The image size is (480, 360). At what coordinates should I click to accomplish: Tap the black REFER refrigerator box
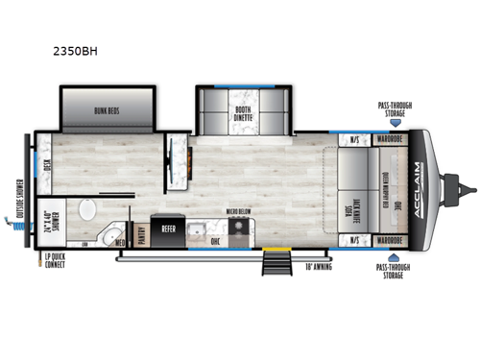pos(169,229)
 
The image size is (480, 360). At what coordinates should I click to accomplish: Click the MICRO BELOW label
pos(239,209)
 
